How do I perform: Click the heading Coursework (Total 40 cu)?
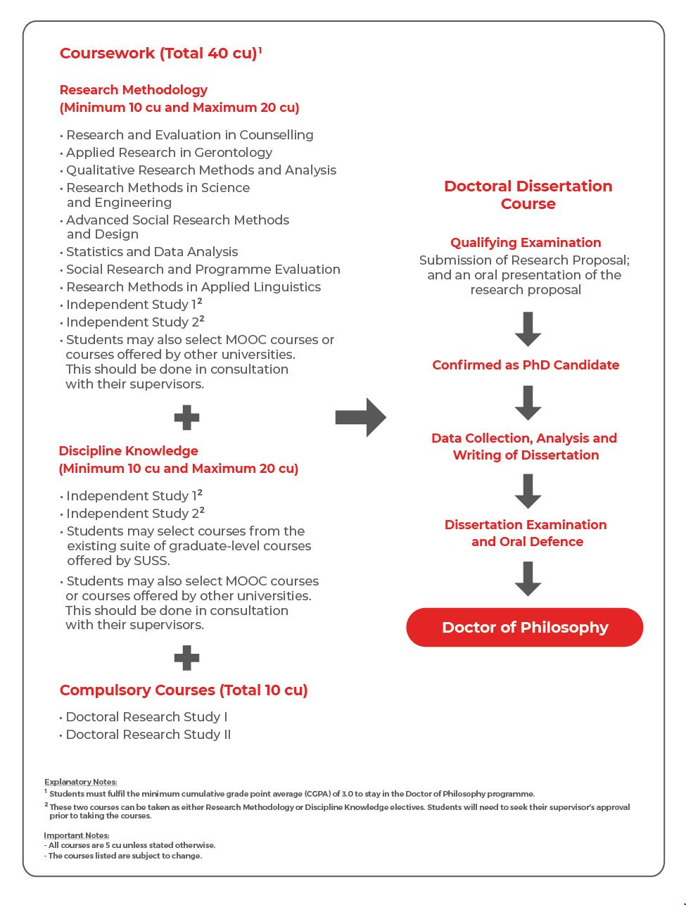(x=159, y=53)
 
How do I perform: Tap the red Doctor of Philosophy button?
(x=525, y=627)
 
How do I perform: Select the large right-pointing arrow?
(x=360, y=417)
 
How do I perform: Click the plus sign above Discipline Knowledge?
(x=186, y=418)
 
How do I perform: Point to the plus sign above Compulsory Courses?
(x=186, y=659)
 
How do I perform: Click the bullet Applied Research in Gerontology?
(x=169, y=153)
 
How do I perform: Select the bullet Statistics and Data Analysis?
(x=152, y=252)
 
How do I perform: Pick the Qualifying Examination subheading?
(x=526, y=243)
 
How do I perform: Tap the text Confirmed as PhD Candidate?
(x=526, y=365)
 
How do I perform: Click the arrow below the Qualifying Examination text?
(x=528, y=329)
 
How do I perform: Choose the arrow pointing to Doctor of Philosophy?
(x=528, y=578)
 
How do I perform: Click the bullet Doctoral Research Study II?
(x=148, y=735)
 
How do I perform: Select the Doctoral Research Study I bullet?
(x=146, y=717)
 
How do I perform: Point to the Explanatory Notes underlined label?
(x=80, y=782)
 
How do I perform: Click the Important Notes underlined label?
(x=77, y=835)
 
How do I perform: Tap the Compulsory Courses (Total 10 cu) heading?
(x=184, y=690)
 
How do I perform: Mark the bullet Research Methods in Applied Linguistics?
(x=193, y=287)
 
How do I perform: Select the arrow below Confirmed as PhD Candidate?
(x=528, y=403)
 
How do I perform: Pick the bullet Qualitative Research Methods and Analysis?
(x=201, y=170)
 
